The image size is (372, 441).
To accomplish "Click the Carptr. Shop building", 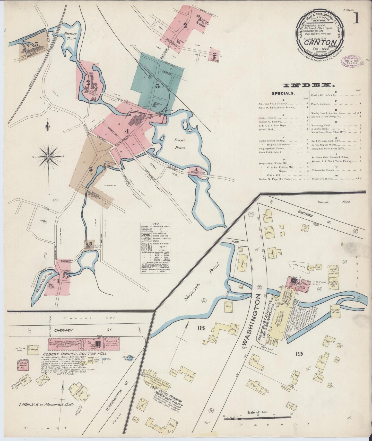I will click(334, 310).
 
